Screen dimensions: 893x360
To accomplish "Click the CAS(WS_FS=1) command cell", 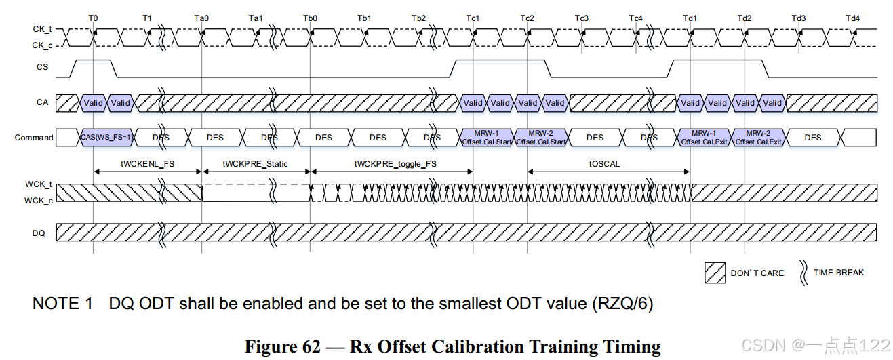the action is (107, 138).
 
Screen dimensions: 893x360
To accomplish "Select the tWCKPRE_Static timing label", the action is (256, 164).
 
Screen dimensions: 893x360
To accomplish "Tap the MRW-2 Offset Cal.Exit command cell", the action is (759, 138).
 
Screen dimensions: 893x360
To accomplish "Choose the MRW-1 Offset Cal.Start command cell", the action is (487, 138).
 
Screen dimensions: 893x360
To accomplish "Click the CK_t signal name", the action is (43, 29).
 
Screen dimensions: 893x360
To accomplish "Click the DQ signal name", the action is (39, 233).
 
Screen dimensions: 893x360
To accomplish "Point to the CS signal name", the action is (43, 67).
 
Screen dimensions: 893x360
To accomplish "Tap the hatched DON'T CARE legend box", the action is (714, 273).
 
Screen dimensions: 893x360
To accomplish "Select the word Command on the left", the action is (34, 138).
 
